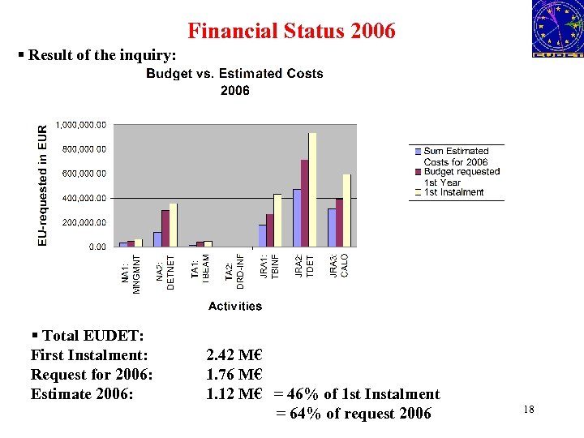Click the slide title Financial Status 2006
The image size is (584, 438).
291,31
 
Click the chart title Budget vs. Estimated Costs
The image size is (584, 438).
234,74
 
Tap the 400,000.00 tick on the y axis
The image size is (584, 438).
80,198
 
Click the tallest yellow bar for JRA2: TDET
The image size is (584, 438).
312,190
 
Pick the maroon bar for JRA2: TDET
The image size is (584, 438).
305,203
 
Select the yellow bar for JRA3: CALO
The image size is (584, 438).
346,210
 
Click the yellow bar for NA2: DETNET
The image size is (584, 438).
173,225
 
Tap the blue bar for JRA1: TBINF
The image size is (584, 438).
262,235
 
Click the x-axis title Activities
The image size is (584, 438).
235,306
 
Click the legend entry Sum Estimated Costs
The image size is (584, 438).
456,157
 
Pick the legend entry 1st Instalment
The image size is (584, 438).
453,192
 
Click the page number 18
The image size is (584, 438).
529,410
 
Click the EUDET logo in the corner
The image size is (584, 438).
557,28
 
